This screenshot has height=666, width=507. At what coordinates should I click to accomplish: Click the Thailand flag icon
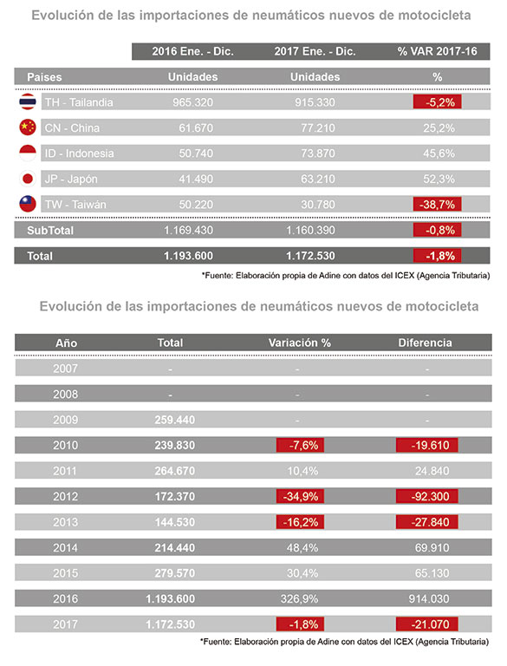tap(28, 102)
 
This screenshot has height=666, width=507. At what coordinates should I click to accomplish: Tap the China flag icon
tap(28, 127)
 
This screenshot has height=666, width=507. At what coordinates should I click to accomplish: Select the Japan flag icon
tap(28, 179)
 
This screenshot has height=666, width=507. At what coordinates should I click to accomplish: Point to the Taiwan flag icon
tap(28, 205)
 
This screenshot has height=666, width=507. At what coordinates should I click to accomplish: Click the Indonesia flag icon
tap(28, 153)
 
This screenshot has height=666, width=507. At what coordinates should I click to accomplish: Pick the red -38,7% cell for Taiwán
tap(438, 205)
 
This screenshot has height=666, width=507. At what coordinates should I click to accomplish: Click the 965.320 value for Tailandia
tap(192, 102)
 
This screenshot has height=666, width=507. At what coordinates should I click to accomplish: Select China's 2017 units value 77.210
tap(318, 127)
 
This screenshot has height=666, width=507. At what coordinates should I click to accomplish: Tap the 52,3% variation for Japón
tap(439, 179)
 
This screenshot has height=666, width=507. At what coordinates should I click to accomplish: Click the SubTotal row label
tap(50, 231)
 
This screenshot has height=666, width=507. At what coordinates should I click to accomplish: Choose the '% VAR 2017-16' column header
tap(438, 51)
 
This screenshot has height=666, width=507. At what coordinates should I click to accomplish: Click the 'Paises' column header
tap(44, 77)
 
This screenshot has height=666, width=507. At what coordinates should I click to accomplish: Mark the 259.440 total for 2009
tap(174, 420)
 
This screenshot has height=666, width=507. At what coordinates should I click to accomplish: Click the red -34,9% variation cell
tap(300, 497)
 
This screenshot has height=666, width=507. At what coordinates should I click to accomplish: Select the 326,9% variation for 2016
tap(299, 599)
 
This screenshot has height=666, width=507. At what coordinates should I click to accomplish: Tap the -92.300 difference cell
tap(427, 497)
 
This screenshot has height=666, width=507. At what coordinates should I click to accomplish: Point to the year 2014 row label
tap(65, 548)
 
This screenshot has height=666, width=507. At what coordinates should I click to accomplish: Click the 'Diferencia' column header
tap(425, 343)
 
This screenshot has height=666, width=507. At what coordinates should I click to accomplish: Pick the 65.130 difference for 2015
tap(432, 573)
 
